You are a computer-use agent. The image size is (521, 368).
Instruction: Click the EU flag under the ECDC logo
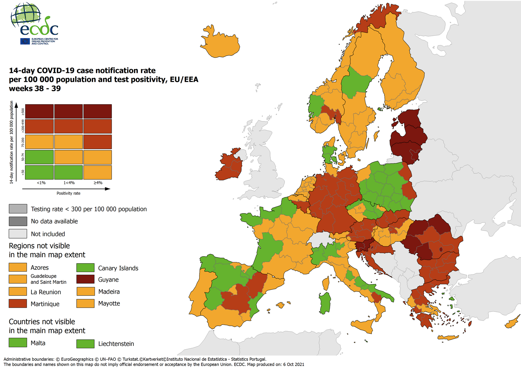[x=25, y=41]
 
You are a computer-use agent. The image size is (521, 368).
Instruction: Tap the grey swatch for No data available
[x=18, y=221]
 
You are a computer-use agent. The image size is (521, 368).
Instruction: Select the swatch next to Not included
[x=18, y=234]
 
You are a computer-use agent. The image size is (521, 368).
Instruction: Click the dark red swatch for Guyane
[x=85, y=279]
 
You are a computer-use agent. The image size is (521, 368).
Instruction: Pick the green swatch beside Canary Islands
[x=85, y=268]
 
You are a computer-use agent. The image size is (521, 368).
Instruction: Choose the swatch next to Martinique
[x=18, y=304]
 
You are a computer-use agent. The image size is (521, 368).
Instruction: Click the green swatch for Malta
[x=18, y=343]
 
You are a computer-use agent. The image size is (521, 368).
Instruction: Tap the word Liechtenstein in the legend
[x=116, y=344]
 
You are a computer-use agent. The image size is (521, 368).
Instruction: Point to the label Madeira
[x=109, y=292]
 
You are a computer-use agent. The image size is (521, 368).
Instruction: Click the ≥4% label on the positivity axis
[x=98, y=183]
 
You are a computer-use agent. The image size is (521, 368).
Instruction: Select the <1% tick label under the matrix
[x=41, y=183]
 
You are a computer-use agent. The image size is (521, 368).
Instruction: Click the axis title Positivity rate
[x=69, y=193]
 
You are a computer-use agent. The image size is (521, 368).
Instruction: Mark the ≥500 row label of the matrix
[x=23, y=112]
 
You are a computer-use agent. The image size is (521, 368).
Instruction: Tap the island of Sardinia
[x=325, y=303]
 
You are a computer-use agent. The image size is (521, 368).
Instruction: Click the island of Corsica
[x=325, y=284]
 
